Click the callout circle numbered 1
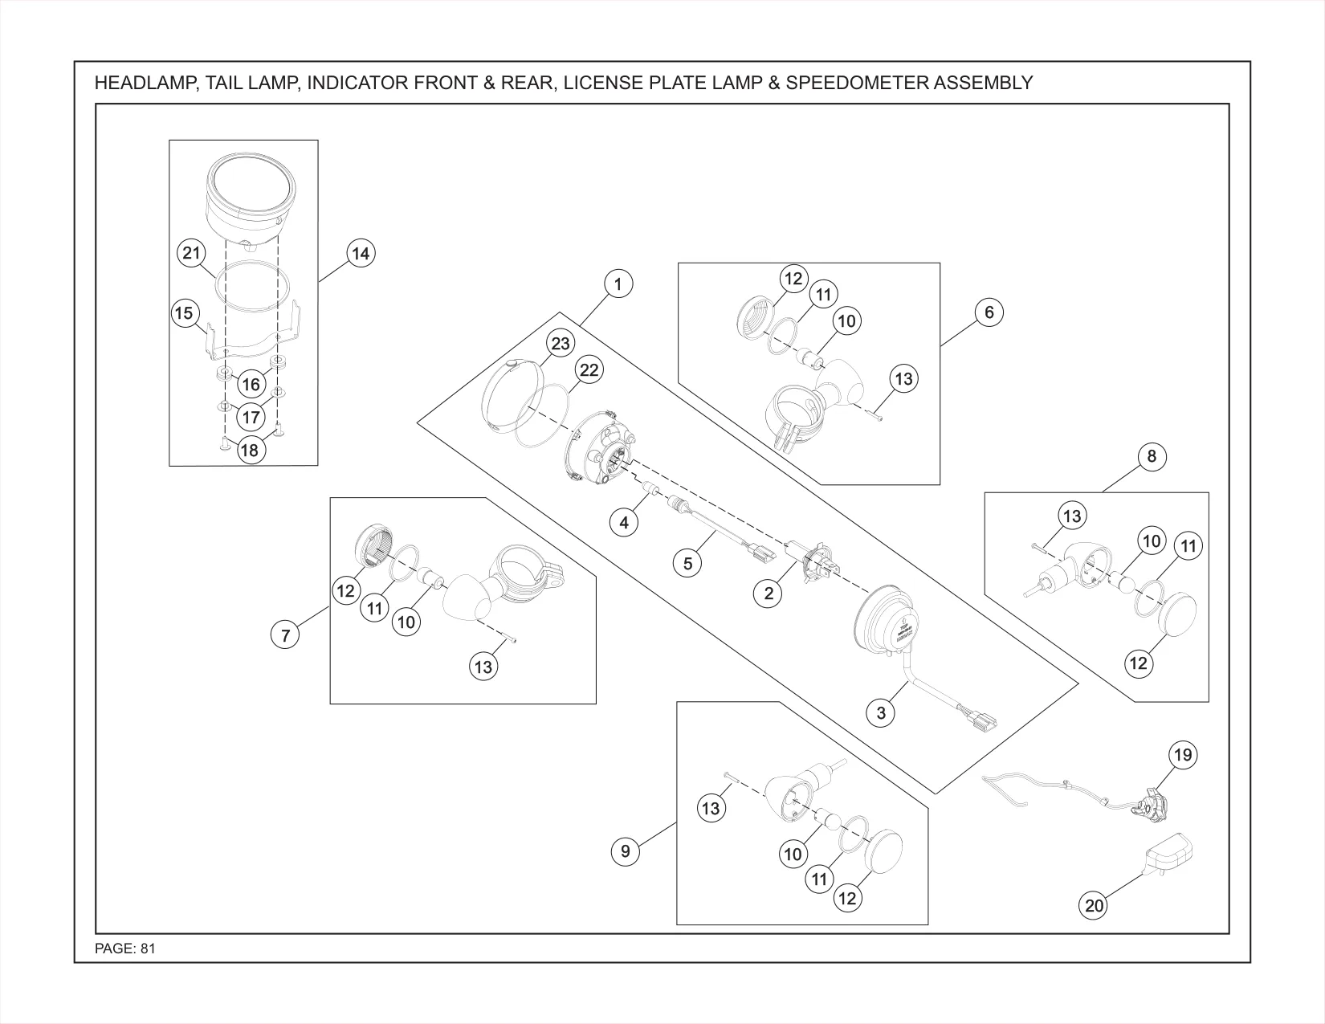point(618,284)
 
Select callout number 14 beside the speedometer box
point(361,254)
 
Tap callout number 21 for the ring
point(191,252)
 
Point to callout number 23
point(561,344)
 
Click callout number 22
point(589,370)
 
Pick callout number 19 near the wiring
point(1183,755)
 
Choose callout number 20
point(1094,906)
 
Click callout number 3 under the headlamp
point(880,713)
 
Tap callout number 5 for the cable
point(688,563)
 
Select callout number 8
point(1152,456)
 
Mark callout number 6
point(989,312)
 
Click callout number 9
point(626,851)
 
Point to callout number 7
point(285,635)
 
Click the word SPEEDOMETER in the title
point(858,83)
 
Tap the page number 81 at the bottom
point(149,949)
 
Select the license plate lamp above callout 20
point(1169,853)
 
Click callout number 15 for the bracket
point(184,313)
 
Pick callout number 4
point(625,523)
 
